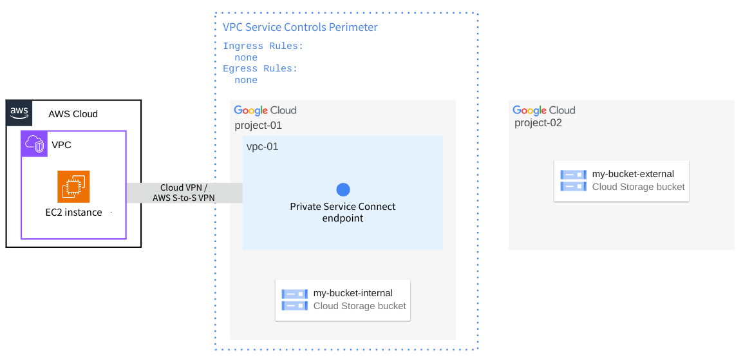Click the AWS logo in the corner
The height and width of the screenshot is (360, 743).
click(19, 112)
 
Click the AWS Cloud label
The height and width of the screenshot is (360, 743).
click(73, 114)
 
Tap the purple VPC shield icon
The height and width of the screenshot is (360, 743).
click(34, 144)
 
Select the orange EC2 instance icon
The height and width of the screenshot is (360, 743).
click(73, 187)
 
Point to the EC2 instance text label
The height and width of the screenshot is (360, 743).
click(73, 213)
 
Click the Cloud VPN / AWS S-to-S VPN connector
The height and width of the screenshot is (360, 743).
click(184, 193)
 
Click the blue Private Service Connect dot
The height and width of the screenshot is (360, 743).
click(343, 189)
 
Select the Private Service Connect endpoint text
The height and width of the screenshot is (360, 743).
click(343, 212)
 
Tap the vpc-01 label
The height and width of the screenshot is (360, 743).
click(263, 147)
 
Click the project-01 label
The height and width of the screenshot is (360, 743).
click(258, 126)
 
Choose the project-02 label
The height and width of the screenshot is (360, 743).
click(538, 122)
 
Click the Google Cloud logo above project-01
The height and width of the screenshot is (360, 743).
click(265, 110)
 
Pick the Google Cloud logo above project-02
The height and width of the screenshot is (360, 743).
click(544, 110)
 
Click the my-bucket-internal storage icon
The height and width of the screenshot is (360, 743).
click(294, 299)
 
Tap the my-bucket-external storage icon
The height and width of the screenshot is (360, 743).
click(573, 180)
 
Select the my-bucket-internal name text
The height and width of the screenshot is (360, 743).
click(353, 293)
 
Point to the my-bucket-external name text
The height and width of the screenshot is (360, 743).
click(633, 174)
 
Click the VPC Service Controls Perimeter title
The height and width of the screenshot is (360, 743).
click(300, 27)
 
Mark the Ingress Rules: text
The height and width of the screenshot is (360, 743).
click(263, 46)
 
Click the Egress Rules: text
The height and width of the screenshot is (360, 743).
click(260, 69)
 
